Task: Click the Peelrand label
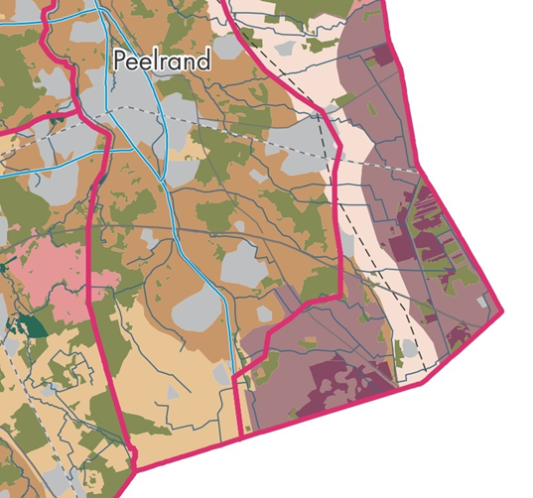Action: pos(162,61)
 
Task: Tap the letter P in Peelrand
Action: pos(120,61)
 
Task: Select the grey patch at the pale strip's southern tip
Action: pos(409,349)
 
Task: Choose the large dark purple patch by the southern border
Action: pos(337,382)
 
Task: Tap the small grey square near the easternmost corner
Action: pos(480,301)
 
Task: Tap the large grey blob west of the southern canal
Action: pos(197,311)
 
